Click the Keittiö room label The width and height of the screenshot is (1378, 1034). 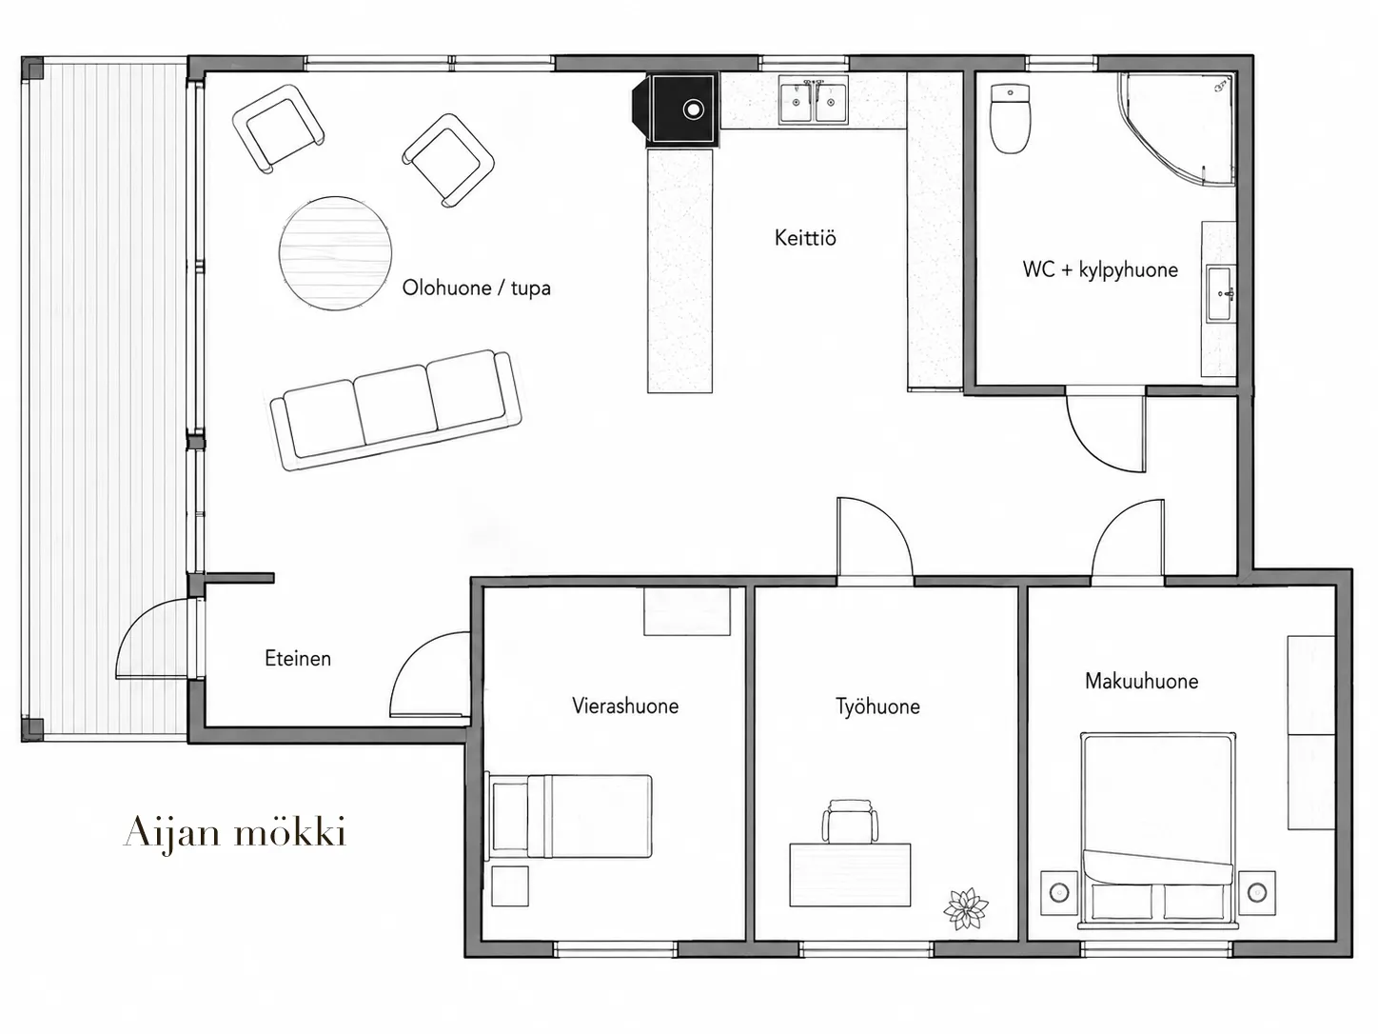pyautogui.click(x=805, y=238)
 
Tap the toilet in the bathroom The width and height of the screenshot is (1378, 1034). pyautogui.click(x=1010, y=119)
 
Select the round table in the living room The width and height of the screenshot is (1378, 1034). pyautogui.click(x=335, y=253)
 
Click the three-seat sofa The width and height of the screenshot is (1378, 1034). pyautogui.click(x=396, y=410)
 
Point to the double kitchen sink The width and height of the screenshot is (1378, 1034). pyautogui.click(x=814, y=101)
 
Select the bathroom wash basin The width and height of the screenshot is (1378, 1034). pyautogui.click(x=1221, y=294)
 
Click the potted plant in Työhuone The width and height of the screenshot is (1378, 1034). pyautogui.click(x=966, y=908)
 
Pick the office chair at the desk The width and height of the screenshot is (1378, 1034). pyautogui.click(x=850, y=821)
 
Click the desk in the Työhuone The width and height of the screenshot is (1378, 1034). pyautogui.click(x=850, y=875)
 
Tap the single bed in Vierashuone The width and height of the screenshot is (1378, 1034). pyautogui.click(x=570, y=816)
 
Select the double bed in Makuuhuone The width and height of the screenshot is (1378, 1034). pyautogui.click(x=1158, y=830)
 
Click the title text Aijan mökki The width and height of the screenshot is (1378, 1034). pyautogui.click(x=235, y=832)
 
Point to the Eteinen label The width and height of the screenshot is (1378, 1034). pyautogui.click(x=298, y=658)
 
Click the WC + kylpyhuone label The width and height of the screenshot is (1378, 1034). pyautogui.click(x=1100, y=270)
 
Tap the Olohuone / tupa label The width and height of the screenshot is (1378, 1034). pyautogui.click(x=477, y=288)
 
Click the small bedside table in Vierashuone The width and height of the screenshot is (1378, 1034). pyautogui.click(x=510, y=885)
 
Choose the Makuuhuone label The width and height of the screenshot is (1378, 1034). pyautogui.click(x=1141, y=681)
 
